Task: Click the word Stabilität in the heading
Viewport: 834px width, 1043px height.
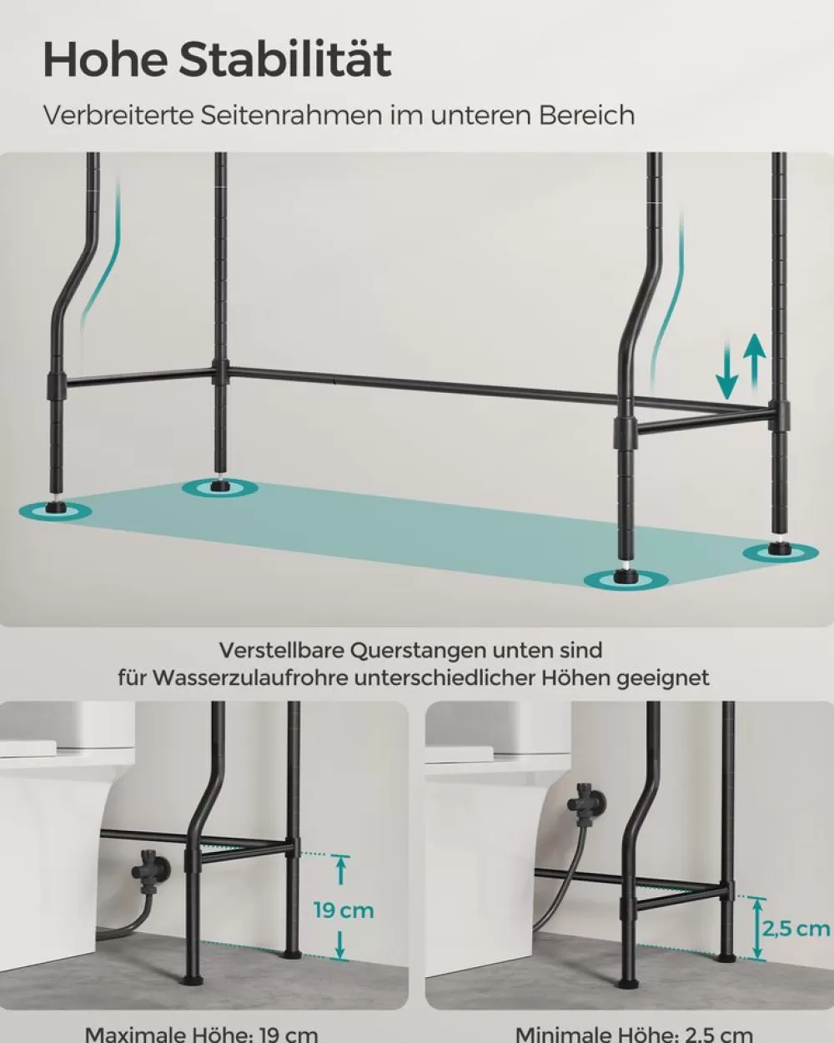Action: (285, 59)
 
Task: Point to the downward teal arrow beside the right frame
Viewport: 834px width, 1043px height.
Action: (727, 375)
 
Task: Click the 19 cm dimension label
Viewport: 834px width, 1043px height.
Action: (344, 909)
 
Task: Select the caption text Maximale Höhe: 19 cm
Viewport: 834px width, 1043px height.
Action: (202, 1034)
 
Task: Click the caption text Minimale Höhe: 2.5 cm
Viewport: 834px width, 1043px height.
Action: (634, 1034)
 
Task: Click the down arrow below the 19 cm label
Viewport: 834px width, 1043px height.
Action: (341, 944)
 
